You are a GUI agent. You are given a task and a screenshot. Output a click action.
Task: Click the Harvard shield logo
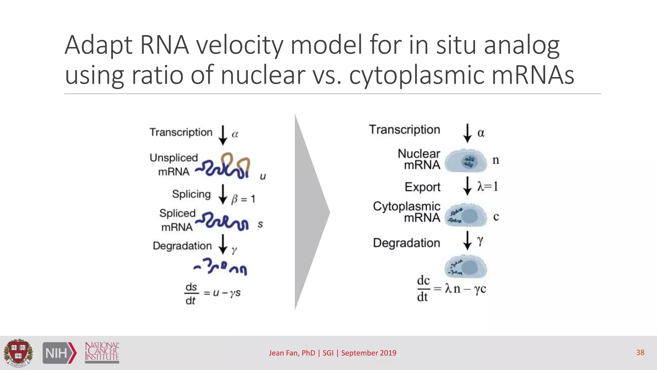point(18,353)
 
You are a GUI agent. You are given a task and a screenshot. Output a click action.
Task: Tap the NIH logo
point(60,353)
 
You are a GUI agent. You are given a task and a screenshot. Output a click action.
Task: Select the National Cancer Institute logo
point(102,352)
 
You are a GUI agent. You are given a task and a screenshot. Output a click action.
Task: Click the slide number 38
point(640,352)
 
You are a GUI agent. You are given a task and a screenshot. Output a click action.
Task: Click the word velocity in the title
point(240,45)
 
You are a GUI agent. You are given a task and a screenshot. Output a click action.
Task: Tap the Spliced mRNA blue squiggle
point(222,221)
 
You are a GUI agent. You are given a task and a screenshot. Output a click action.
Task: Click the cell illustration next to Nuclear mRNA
point(465,161)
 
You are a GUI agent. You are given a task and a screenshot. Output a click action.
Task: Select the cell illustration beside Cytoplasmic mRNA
point(466,215)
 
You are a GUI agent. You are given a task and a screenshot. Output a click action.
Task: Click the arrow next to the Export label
point(467,186)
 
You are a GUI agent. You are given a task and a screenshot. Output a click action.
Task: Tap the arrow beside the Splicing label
point(223,194)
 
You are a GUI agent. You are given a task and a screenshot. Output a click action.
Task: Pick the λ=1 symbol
point(487,186)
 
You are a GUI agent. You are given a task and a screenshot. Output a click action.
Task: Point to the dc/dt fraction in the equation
point(423,288)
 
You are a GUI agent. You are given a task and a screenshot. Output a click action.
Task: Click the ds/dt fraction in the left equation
point(191,294)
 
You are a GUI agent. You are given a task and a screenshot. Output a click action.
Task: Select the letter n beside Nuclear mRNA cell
point(496,160)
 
